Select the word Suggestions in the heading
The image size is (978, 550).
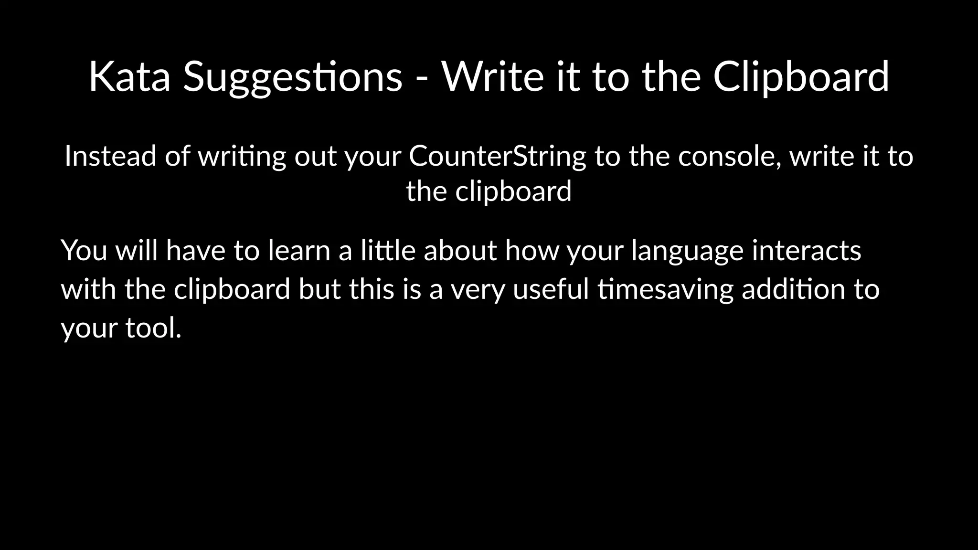(293, 77)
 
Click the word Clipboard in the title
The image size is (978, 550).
(801, 77)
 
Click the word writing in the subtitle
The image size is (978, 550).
(242, 157)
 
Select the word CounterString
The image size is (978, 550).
(497, 156)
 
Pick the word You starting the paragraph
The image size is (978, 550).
(84, 250)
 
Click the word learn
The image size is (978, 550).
(299, 250)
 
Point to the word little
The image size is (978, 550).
(388, 250)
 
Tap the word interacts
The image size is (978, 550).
(807, 250)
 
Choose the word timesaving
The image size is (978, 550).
(665, 290)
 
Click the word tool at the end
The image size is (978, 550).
(153, 328)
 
